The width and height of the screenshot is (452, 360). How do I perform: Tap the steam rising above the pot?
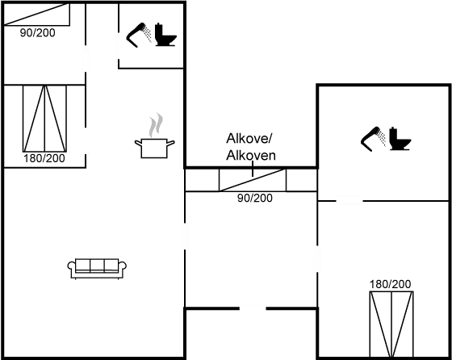point(155,126)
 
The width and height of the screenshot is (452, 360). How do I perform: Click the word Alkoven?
point(251,156)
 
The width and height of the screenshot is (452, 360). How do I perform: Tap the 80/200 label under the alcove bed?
point(254,198)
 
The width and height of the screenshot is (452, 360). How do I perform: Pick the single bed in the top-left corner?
point(37,15)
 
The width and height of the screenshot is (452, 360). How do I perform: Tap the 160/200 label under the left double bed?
point(44,158)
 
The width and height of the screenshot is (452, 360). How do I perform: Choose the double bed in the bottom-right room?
point(391,323)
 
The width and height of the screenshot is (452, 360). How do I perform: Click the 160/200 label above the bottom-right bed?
point(391,284)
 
